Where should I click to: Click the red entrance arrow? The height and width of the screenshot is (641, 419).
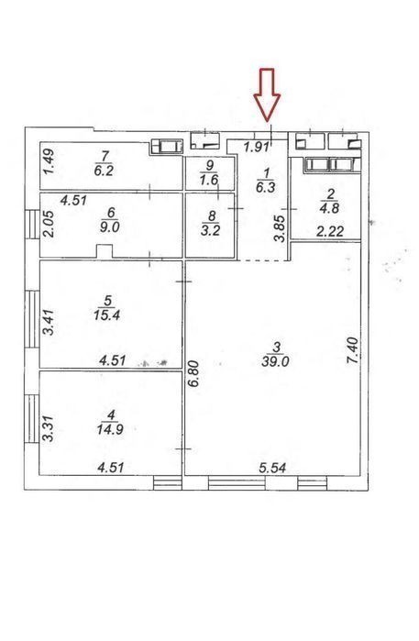[267, 94]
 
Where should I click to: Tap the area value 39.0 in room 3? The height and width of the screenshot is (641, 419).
[277, 361]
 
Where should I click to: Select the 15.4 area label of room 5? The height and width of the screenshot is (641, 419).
[106, 315]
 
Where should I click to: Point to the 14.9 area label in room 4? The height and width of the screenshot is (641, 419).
[110, 429]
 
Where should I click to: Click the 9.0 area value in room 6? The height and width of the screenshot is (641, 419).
[110, 227]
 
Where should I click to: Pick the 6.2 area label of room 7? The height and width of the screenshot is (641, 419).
[104, 170]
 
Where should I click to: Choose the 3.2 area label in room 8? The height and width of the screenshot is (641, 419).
[211, 230]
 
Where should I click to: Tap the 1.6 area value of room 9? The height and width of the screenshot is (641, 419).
[210, 180]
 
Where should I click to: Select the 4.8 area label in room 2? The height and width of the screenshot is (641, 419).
[329, 208]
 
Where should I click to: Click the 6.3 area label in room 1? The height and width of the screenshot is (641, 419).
[265, 187]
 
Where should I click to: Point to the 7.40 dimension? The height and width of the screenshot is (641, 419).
[351, 350]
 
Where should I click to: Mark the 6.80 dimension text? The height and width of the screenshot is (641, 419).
[193, 373]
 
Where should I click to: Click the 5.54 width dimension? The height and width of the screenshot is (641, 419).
[272, 468]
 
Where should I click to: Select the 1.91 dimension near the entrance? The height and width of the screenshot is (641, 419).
[257, 147]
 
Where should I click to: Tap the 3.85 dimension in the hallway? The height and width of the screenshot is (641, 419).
[280, 229]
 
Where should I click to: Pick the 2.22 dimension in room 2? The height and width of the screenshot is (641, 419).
[330, 231]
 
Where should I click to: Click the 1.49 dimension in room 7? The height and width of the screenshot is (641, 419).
[49, 161]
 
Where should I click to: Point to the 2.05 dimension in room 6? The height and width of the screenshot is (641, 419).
[49, 224]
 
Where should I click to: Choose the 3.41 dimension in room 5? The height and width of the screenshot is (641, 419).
[49, 322]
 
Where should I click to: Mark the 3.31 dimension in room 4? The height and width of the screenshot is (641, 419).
[49, 429]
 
